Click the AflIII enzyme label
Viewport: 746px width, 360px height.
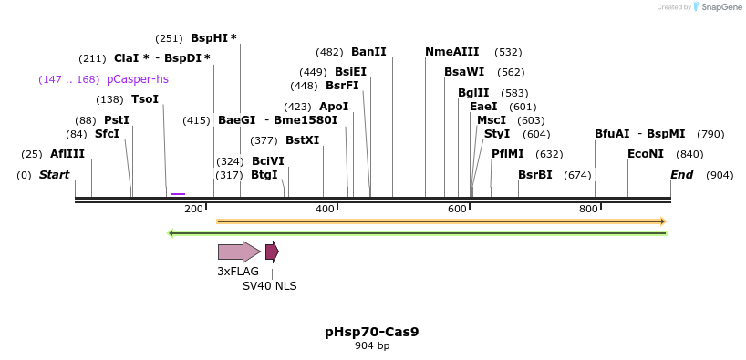point(67,154)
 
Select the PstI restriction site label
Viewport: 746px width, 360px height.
point(116,119)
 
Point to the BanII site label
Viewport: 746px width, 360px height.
point(368,52)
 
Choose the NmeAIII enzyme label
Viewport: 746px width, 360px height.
point(451,52)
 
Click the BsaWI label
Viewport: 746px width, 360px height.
point(465,72)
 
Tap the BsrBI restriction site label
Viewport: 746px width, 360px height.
point(535,175)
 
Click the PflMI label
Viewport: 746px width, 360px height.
point(508,154)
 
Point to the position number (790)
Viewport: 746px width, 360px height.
point(710,134)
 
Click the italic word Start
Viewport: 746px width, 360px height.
point(54,175)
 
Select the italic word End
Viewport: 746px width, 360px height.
point(682,175)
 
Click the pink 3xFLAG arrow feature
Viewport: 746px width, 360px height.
point(239,252)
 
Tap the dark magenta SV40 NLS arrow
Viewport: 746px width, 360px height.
point(272,252)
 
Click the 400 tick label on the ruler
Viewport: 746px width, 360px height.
point(326,210)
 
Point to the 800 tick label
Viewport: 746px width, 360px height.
point(589,210)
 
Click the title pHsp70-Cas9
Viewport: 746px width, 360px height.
point(372,332)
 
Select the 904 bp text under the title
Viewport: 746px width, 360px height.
point(372,346)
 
